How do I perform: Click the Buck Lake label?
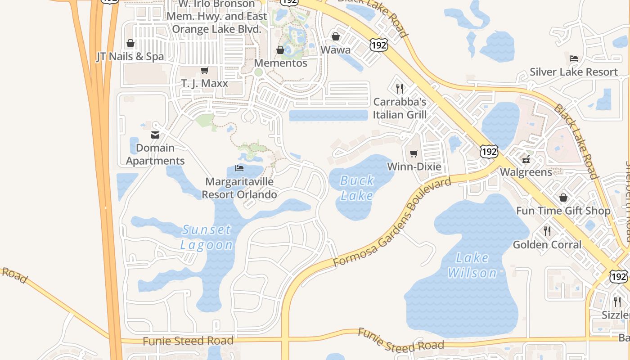click(357, 188)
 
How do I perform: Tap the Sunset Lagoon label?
click(207, 237)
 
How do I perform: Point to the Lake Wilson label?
click(472, 265)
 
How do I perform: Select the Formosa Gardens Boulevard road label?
click(391, 223)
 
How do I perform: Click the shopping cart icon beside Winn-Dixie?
click(414, 154)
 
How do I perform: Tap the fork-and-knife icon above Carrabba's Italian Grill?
click(399, 88)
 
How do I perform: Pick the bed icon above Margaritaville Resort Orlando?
click(239, 168)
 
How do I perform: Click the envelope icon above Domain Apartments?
click(155, 135)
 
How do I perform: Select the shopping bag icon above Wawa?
click(335, 36)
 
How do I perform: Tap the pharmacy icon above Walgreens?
click(526, 159)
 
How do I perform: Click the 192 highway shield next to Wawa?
click(378, 45)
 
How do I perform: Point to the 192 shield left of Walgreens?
click(488, 151)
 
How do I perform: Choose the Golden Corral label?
click(547, 245)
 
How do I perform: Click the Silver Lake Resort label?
click(574, 72)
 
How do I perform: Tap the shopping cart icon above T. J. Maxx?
click(205, 70)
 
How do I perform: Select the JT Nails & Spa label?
click(130, 57)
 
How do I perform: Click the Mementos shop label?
click(281, 63)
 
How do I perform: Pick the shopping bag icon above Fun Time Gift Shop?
click(563, 198)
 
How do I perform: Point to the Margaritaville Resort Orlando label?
click(239, 188)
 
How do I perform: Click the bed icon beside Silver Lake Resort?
click(574, 58)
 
